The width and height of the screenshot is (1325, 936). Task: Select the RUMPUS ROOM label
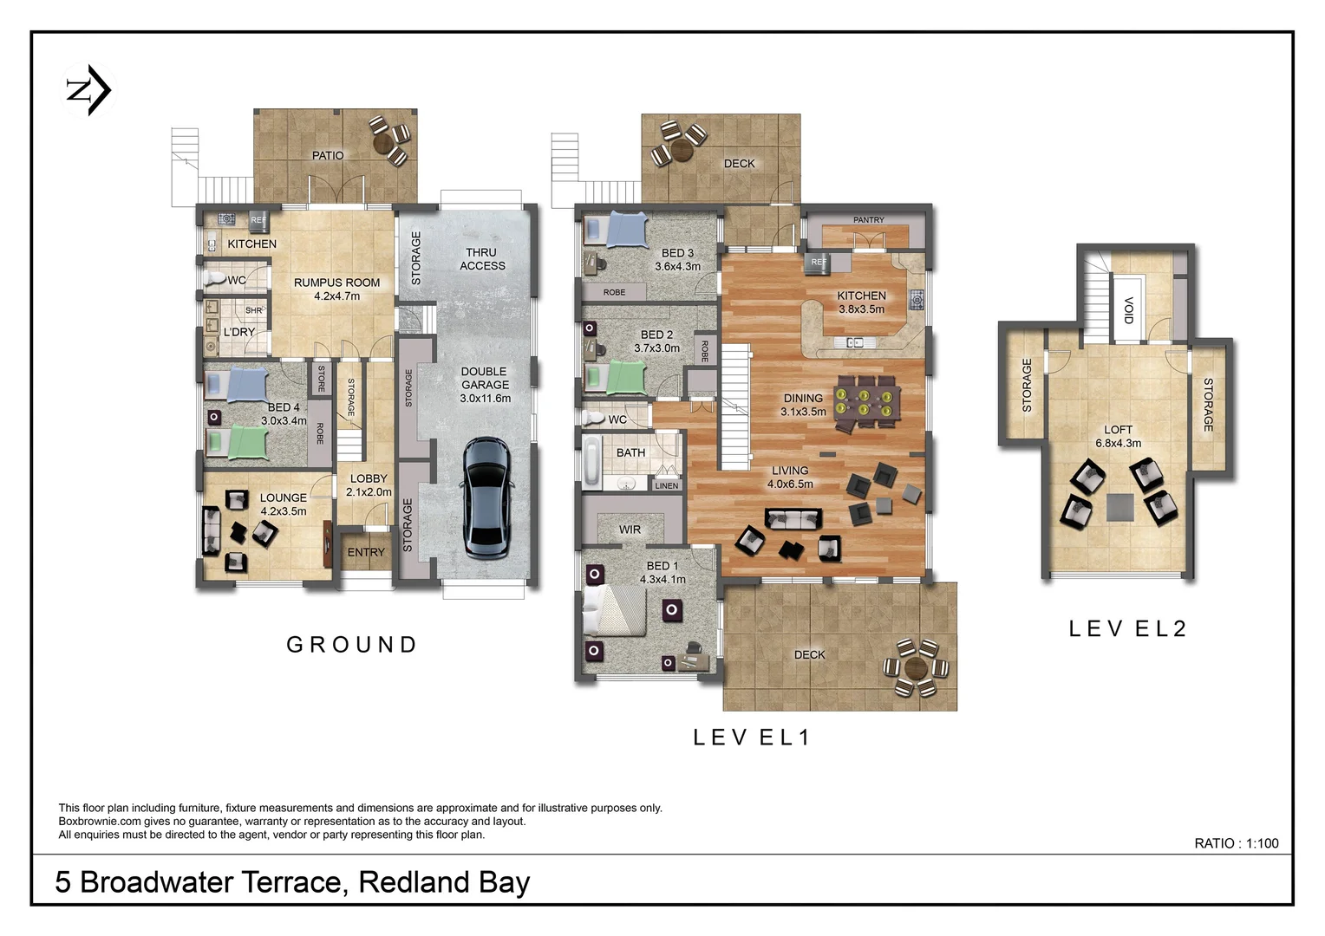(x=336, y=283)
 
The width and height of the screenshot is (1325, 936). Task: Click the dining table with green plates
(x=866, y=403)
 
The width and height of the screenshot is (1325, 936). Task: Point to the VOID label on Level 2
(x=1128, y=309)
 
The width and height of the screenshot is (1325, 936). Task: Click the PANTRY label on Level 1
(x=868, y=220)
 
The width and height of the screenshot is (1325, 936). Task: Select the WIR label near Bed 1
(x=630, y=530)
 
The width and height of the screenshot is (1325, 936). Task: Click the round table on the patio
(x=383, y=140)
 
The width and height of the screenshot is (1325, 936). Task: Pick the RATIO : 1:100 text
(x=1236, y=843)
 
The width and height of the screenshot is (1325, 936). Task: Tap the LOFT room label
(x=1118, y=430)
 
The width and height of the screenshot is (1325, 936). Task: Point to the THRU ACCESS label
(x=482, y=259)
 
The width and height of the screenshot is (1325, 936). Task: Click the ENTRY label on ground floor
(x=366, y=552)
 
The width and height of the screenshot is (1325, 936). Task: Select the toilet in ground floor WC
(x=214, y=279)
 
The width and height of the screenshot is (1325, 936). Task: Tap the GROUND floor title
(x=352, y=645)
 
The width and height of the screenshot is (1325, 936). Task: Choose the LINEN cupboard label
(x=666, y=485)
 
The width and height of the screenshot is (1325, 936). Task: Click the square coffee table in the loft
(x=1119, y=507)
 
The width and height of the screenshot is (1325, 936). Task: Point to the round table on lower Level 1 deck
(x=915, y=668)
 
